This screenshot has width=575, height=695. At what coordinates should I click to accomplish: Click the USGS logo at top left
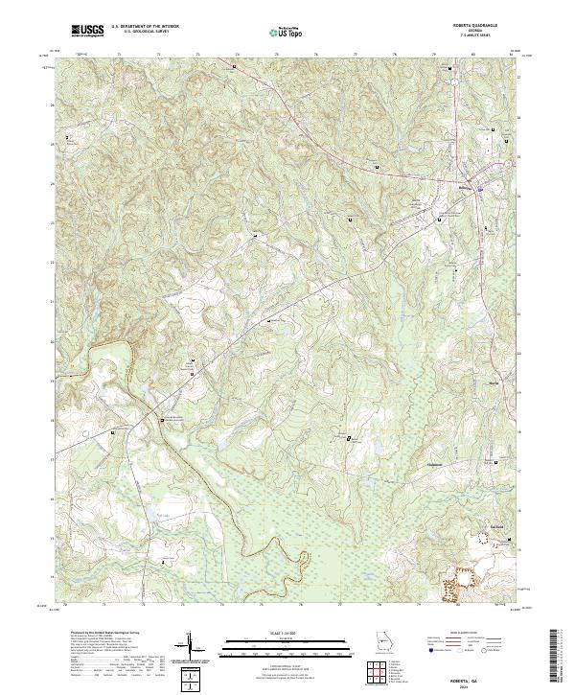click(87, 31)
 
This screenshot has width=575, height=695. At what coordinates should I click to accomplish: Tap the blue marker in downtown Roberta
click(479, 191)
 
